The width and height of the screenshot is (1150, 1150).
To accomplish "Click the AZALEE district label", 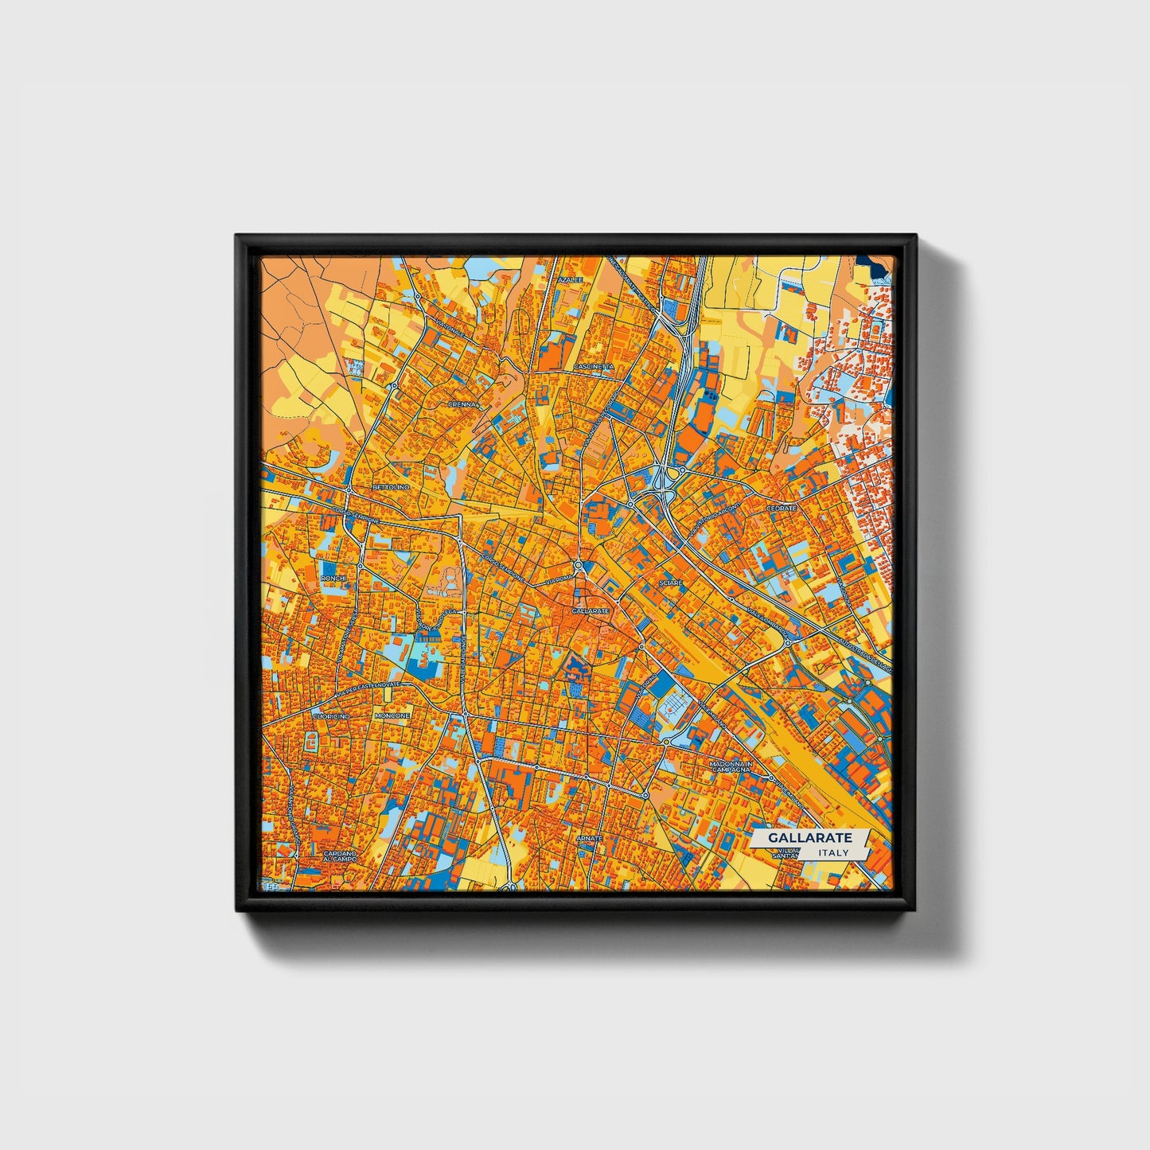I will [570, 280].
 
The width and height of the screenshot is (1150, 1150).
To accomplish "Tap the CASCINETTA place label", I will [594, 367].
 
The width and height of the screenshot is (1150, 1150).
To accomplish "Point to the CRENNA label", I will [462, 404].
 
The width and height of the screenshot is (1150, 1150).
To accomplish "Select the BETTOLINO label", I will [390, 486].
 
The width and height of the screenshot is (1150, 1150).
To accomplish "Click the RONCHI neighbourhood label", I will [332, 578].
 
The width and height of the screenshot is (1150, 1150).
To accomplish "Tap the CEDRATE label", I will [781, 508].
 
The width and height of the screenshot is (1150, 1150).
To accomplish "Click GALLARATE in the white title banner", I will [810, 838].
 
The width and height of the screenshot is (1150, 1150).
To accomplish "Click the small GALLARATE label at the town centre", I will [590, 610].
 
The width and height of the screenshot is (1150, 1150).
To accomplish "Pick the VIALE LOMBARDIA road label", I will [769, 623].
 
